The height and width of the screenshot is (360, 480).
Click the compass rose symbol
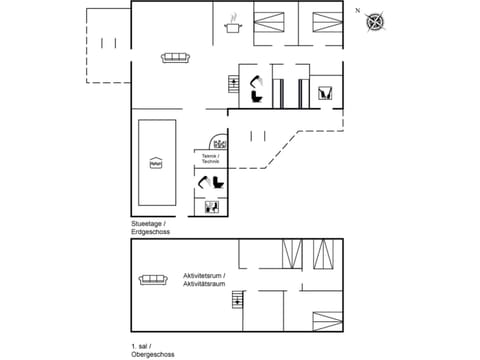tap(375, 20)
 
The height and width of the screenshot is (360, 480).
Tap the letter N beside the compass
tap(357, 10)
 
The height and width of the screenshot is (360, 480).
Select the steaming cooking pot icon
tap(233, 24)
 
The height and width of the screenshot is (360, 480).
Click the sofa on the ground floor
tap(176, 57)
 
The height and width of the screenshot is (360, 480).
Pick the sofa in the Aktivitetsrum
tap(153, 279)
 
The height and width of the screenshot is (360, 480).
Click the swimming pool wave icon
tap(155, 162)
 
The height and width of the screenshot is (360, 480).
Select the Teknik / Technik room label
tap(210, 158)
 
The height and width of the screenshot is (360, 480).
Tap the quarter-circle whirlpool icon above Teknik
tap(217, 143)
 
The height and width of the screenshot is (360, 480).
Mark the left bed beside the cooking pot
tap(269, 20)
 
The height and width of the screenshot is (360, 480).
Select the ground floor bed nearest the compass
tap(326, 20)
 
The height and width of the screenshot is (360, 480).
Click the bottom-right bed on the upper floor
tap(326, 321)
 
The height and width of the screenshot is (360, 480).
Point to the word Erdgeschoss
tap(151, 232)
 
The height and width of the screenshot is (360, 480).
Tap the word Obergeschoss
tap(153, 355)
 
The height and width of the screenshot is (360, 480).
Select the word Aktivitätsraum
tap(204, 285)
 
